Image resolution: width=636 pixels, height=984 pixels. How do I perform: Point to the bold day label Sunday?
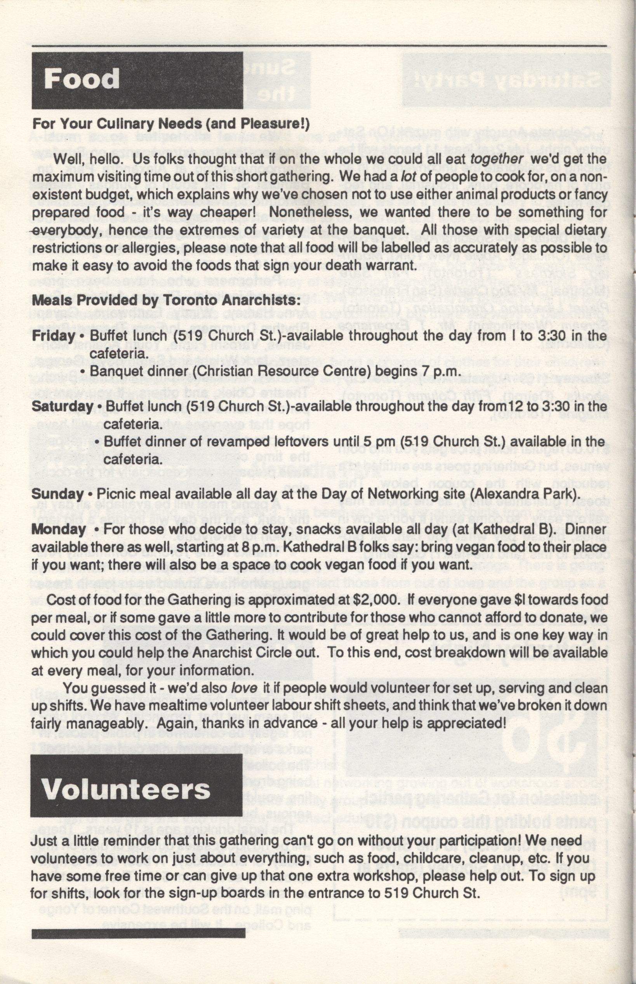pyautogui.click(x=57, y=494)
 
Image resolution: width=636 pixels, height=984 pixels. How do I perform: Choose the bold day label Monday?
pyautogui.click(x=58, y=529)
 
